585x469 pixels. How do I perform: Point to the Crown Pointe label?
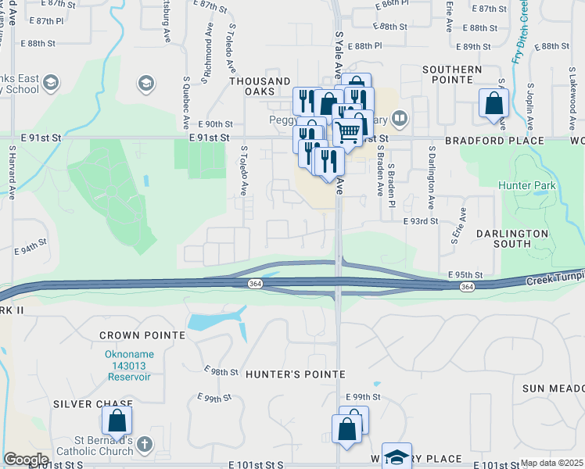pyautogui.click(x=142, y=335)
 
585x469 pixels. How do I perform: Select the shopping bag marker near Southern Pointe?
pyautogui.click(x=493, y=103)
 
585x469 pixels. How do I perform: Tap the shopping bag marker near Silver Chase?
pyautogui.click(x=117, y=421)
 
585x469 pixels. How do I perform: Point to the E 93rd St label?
pyautogui.click(x=421, y=222)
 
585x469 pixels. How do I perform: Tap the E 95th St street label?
pyautogui.click(x=466, y=275)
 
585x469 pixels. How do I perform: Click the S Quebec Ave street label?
pyautogui.click(x=187, y=102)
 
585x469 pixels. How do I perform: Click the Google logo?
pyautogui.click(x=26, y=460)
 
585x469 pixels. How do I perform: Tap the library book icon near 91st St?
pyautogui.click(x=400, y=119)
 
